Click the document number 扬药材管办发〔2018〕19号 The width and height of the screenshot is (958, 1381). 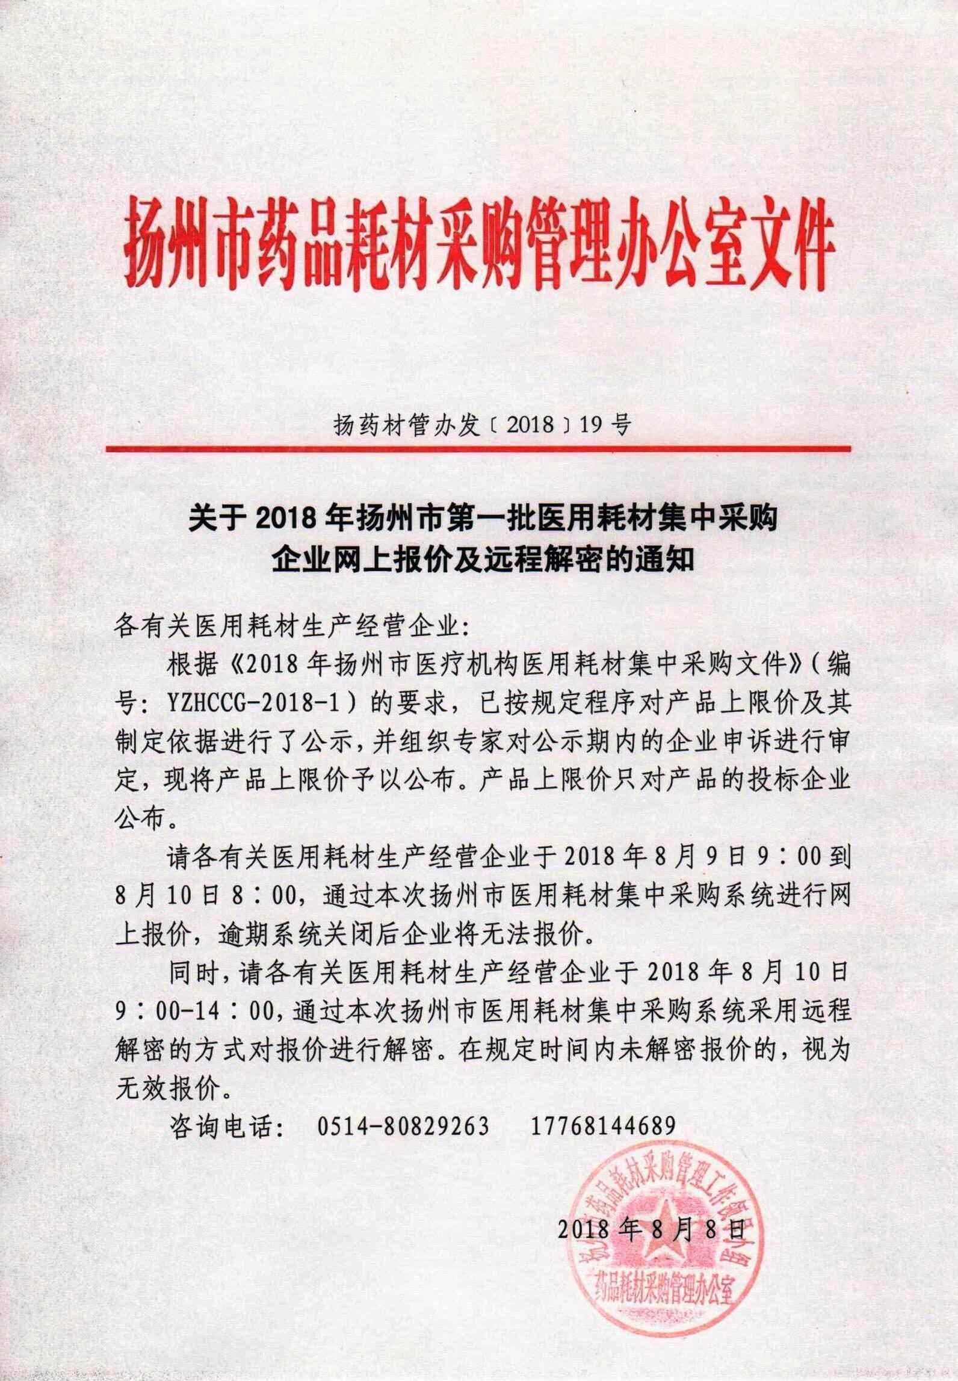coord(481,425)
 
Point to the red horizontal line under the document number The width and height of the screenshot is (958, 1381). coord(478,448)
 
